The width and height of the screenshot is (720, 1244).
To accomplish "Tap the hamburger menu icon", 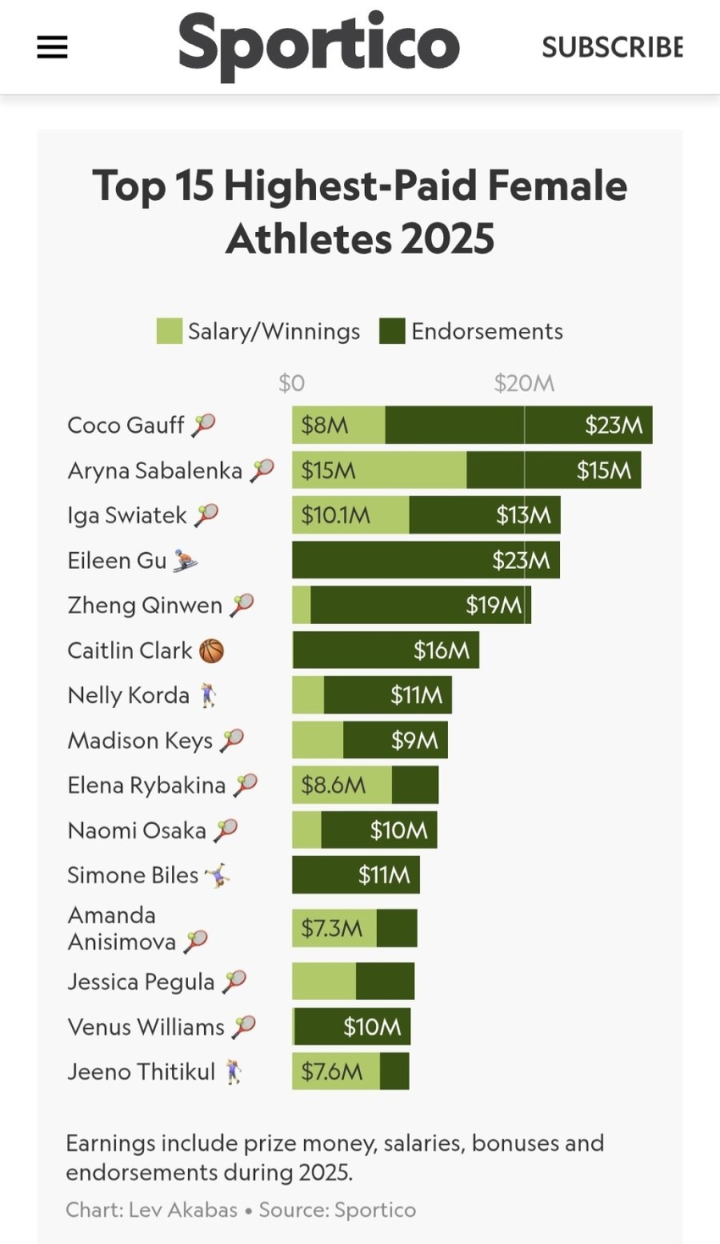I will (52, 47).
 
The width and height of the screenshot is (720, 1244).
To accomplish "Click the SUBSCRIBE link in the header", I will (612, 47).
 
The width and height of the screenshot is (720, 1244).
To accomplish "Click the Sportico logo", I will (318, 46).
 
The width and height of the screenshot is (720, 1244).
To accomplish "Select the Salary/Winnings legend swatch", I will (169, 331).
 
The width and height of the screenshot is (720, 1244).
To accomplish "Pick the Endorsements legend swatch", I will (391, 331).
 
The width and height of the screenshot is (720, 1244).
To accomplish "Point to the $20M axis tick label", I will (524, 384).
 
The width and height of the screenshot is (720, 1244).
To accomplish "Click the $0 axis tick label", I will (291, 384).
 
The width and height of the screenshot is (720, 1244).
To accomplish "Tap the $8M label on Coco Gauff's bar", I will (324, 425).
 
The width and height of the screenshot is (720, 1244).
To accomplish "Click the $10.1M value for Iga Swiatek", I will (335, 515).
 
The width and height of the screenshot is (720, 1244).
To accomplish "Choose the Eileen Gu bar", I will (425, 560).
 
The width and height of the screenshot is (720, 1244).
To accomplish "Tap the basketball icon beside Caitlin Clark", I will (212, 650).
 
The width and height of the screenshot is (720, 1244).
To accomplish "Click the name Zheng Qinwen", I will (145, 605).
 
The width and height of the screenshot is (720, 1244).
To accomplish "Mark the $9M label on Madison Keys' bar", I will (414, 741).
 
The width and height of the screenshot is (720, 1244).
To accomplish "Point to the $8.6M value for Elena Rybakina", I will (334, 785).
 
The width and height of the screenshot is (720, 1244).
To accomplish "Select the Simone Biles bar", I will (356, 875).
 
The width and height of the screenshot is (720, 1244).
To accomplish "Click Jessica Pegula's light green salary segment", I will (324, 981).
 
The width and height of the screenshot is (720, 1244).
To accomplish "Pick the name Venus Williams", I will (146, 1027).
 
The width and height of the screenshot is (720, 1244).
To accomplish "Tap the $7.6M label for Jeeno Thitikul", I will (332, 1071).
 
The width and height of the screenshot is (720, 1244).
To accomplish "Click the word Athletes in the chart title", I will (307, 239).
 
